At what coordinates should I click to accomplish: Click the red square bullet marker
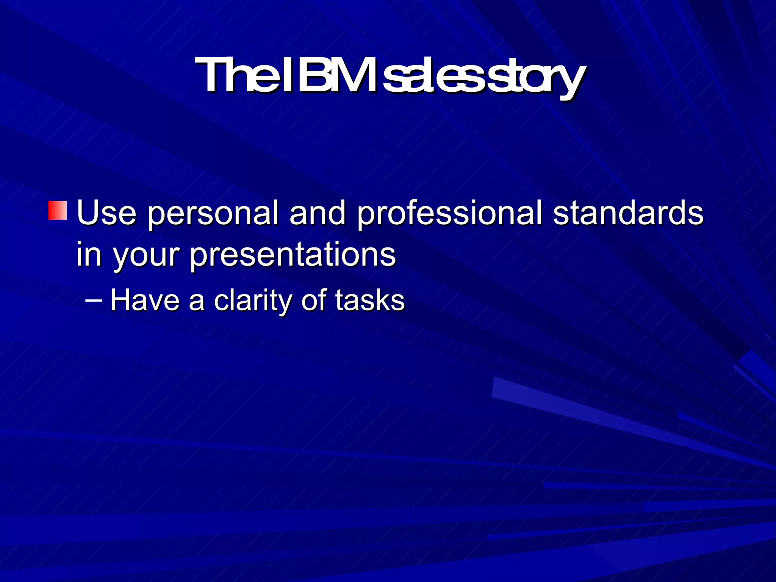point(58,211)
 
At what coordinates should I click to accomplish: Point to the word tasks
point(370,300)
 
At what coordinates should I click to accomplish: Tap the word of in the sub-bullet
point(314,300)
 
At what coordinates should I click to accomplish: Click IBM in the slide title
point(329,76)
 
